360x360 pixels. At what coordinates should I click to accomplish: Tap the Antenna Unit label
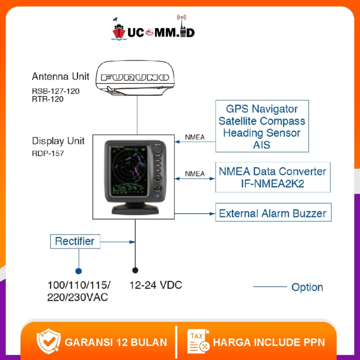coord(60,76)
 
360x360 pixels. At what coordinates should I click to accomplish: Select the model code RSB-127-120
coord(56,91)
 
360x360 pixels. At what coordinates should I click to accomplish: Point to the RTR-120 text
coord(47,99)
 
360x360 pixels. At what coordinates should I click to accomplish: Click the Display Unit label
coord(58,141)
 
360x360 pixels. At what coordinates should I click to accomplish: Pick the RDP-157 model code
coord(48,153)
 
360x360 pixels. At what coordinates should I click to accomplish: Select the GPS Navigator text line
coord(262,109)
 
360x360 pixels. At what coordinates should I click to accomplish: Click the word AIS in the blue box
coord(262,145)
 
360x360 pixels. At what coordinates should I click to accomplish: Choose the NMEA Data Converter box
coord(273,177)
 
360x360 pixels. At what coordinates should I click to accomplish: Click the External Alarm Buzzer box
coord(273,213)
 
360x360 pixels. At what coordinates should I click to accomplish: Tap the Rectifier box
coord(75,242)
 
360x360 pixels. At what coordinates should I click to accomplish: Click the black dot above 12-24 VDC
coord(135,270)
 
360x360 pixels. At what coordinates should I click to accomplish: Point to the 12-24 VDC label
coord(156,285)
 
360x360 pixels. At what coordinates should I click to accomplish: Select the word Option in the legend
coord(307,287)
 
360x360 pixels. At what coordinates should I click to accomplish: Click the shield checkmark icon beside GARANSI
coord(49,341)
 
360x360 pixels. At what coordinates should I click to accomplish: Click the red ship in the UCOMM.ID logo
coord(119,31)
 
